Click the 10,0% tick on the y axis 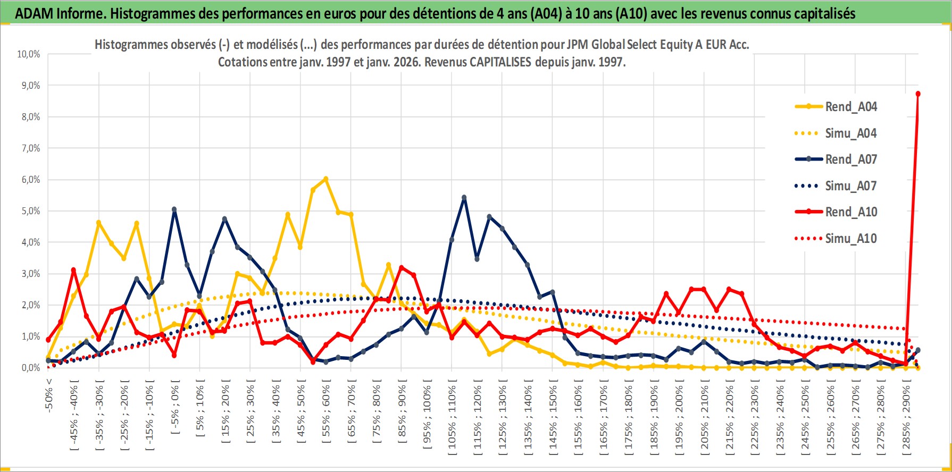29,54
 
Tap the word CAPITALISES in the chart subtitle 500,62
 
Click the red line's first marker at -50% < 48,340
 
